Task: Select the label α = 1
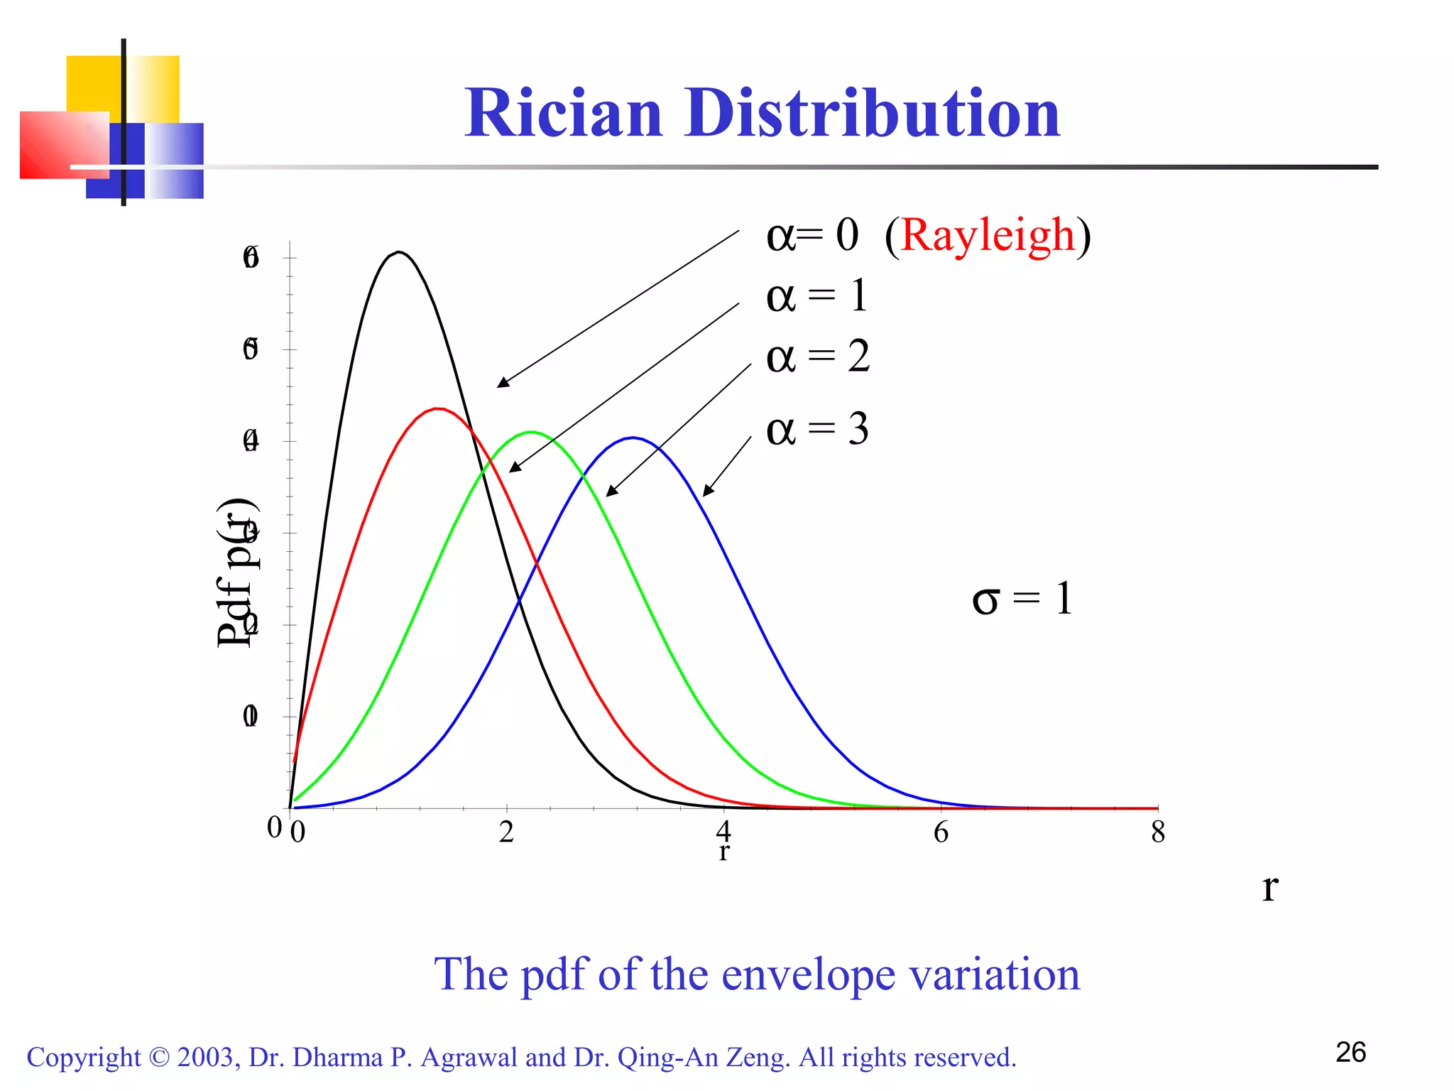[x=816, y=296]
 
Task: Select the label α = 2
[x=817, y=357]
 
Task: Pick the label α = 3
[x=817, y=430]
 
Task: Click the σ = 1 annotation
[x=1022, y=599]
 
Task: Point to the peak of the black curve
[x=400, y=252]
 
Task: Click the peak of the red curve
[x=439, y=408]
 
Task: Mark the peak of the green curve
[x=531, y=432]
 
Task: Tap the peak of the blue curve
[x=634, y=438]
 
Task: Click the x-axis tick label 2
[x=506, y=832]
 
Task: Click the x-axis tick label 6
[x=941, y=832]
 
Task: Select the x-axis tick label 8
[x=1158, y=832]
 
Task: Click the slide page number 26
[x=1350, y=1053]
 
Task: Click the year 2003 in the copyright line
[x=205, y=1058]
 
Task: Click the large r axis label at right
[x=1270, y=888]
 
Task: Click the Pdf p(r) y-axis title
[x=236, y=572]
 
